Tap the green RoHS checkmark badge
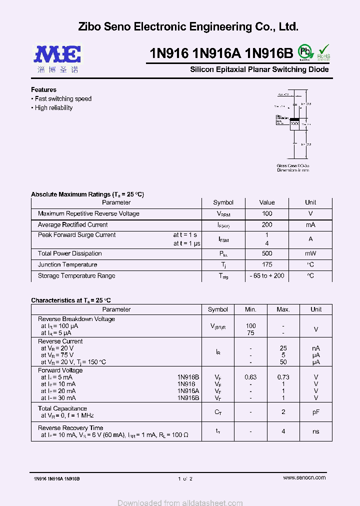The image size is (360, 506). (324, 51)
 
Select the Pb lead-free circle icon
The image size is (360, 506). (304, 51)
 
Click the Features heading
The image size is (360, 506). (44, 90)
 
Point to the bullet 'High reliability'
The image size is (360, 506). (53, 108)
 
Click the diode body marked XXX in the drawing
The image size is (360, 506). (295, 123)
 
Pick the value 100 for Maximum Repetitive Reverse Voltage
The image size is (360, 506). (266, 214)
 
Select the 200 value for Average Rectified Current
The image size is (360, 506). (266, 225)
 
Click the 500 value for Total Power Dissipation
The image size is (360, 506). (266, 253)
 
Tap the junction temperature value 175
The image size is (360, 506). (266, 264)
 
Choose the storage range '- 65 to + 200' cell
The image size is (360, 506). (266, 275)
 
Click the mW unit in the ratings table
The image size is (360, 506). (310, 253)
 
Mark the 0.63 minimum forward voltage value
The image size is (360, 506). (250, 377)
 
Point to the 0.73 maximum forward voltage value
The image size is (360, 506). (283, 377)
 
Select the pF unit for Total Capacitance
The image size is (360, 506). (316, 412)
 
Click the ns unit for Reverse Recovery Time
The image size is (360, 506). (316, 431)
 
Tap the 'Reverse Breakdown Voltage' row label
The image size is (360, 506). (76, 319)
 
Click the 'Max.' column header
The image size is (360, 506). (283, 309)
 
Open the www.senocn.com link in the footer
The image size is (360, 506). (304, 477)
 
